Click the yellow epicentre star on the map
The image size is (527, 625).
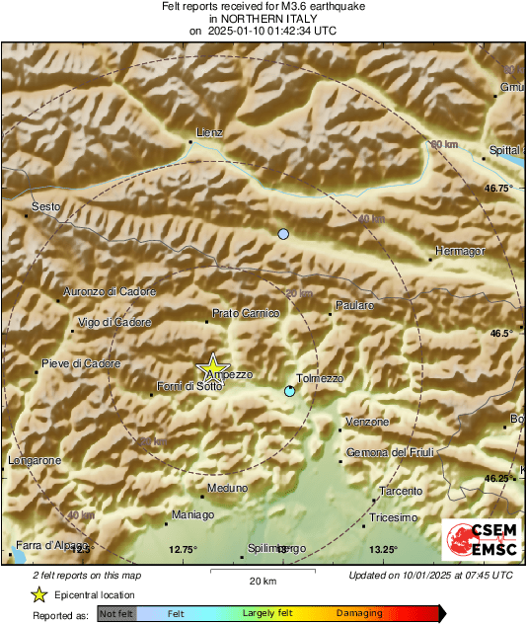211,368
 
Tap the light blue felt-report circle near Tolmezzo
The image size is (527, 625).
289,392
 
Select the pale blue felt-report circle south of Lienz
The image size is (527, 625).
283,234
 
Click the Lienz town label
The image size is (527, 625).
210,132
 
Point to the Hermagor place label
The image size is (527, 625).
460,251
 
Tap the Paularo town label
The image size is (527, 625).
354,306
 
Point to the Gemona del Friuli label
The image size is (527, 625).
391,452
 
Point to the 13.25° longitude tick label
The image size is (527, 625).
383,550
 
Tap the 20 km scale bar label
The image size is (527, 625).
263,580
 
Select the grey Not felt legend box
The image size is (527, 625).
117,613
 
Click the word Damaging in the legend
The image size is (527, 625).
359,613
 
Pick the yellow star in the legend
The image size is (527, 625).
39,594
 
